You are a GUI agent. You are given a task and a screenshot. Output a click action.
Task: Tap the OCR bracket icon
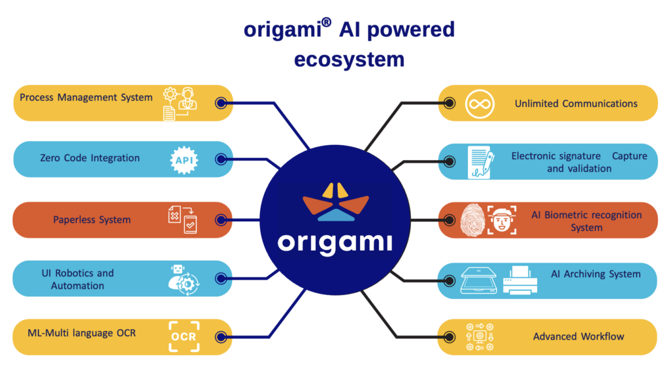[183, 337]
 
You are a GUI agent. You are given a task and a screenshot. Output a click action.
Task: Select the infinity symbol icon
[480, 104]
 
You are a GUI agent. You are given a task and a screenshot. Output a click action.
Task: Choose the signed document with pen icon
[480, 162]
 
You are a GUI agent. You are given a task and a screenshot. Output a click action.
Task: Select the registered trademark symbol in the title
[326, 23]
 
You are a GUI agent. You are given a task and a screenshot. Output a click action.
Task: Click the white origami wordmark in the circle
[334, 242]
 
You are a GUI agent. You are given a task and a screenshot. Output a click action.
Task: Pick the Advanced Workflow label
[578, 337]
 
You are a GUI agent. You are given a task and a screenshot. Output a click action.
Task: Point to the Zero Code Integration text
[90, 158]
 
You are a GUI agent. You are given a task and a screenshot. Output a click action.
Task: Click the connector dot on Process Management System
[221, 103]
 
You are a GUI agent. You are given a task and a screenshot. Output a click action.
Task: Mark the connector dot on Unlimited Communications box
[449, 103]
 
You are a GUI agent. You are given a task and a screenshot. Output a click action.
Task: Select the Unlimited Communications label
[576, 104]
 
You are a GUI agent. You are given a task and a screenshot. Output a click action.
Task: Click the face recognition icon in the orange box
[502, 220]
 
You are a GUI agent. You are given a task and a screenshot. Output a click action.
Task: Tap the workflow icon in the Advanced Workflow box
[480, 337]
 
